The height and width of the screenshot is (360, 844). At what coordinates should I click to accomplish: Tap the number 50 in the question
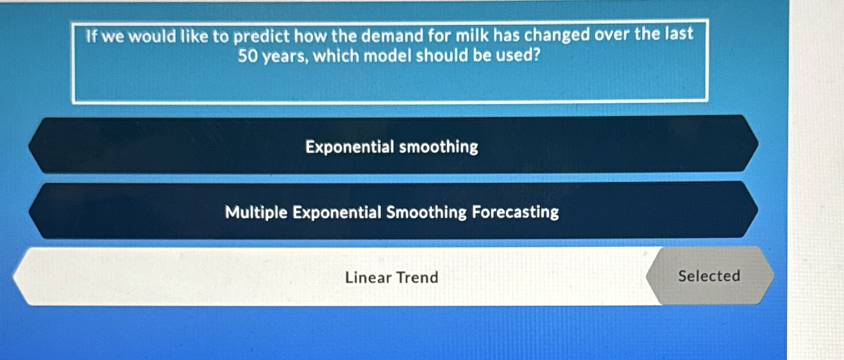[x=248, y=56]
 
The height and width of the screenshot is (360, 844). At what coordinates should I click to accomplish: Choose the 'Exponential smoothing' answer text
[x=392, y=147]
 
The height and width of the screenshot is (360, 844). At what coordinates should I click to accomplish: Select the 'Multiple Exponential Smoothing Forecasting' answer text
[x=392, y=212]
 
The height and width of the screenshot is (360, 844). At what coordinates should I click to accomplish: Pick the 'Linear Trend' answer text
[x=392, y=277]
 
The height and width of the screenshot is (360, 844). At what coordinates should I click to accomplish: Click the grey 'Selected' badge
[x=709, y=276]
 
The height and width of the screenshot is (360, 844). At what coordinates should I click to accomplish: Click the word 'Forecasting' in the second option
[x=516, y=212]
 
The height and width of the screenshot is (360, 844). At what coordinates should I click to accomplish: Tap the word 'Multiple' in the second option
[x=257, y=212]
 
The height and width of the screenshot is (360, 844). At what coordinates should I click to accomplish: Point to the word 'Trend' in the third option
[x=418, y=277]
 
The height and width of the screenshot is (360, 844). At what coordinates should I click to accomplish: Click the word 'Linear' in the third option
[x=367, y=277]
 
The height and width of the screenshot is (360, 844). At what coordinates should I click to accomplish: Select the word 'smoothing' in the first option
[x=439, y=147]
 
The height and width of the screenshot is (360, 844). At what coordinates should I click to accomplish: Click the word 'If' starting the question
[x=90, y=37]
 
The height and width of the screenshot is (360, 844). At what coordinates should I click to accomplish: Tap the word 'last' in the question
[x=679, y=34]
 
